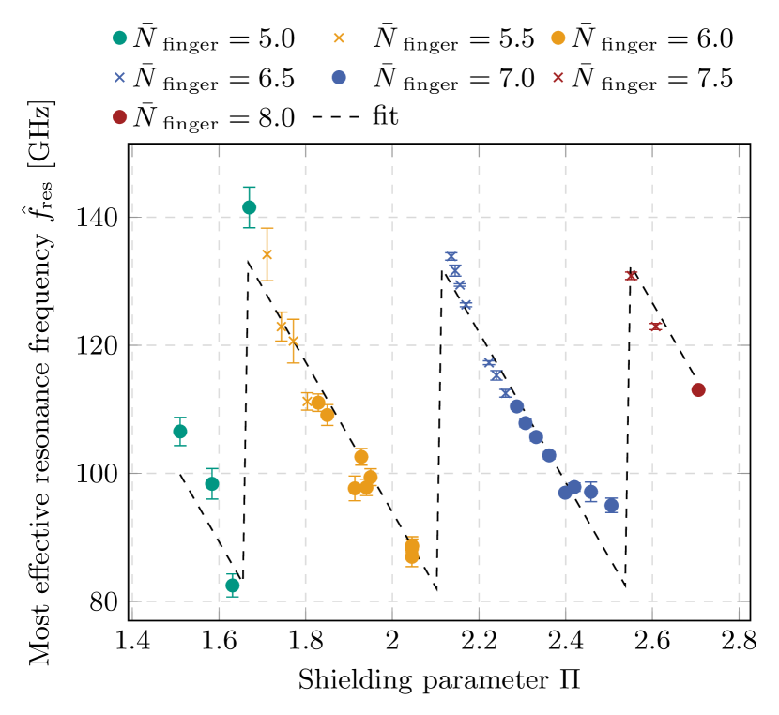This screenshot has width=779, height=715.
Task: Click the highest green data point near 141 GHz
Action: click(249, 207)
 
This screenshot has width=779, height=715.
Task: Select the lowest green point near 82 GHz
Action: click(232, 586)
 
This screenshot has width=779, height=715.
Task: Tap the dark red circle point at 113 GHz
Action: click(698, 390)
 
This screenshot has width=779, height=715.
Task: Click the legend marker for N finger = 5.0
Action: click(120, 39)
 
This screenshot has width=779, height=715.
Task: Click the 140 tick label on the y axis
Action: click(100, 218)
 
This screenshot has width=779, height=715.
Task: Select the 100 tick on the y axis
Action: click(100, 474)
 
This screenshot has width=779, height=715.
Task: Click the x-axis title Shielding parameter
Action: click(438, 680)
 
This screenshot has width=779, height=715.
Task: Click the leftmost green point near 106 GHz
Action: click(180, 432)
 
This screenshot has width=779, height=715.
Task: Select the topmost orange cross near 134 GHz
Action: click(267, 254)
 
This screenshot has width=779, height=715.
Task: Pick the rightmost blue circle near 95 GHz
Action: click(611, 506)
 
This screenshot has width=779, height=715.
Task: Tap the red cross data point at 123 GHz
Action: click(656, 327)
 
